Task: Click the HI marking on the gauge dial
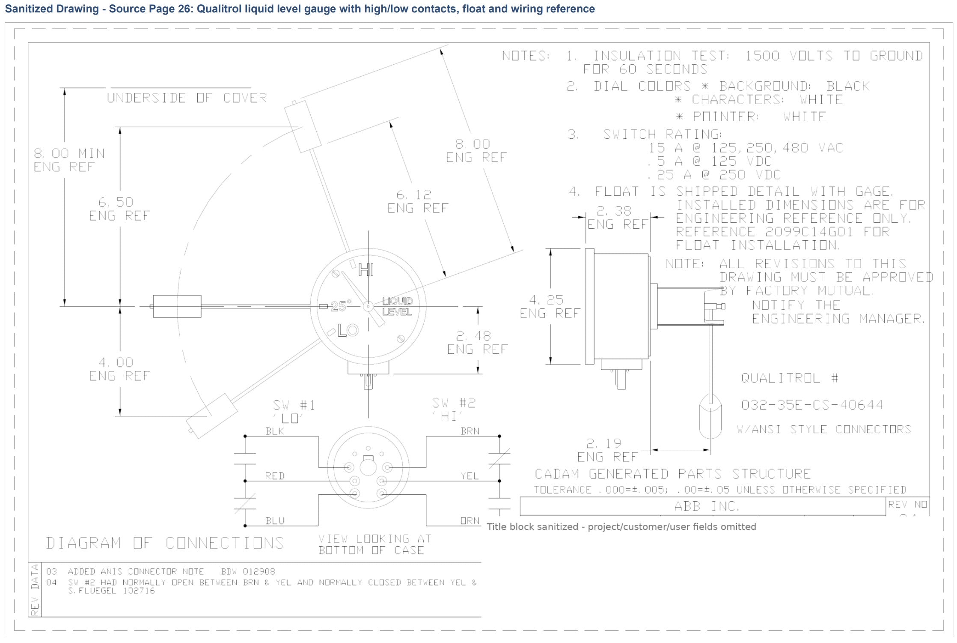tap(366, 270)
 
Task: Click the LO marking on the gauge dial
tap(348, 330)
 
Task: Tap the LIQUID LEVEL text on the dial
tap(397, 306)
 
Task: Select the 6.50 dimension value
tap(116, 202)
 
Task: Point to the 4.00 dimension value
tap(116, 362)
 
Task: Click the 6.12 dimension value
tap(413, 194)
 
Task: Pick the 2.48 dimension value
tap(473, 335)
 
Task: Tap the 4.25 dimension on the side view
tap(546, 299)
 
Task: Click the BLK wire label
tap(275, 431)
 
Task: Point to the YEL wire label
tap(470, 476)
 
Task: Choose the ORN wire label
tap(470, 520)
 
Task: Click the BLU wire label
tap(275, 520)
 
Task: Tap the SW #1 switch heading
tap(294, 405)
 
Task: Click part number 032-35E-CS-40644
tap(812, 405)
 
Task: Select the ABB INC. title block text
tap(707, 506)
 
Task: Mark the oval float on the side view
tap(710, 416)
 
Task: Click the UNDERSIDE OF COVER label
tap(187, 98)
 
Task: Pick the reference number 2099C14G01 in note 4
tap(809, 232)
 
